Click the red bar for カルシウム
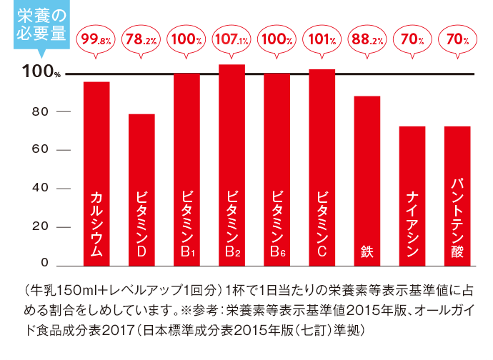[x=96, y=171]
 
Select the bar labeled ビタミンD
[x=141, y=189]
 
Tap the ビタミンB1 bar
[x=186, y=168]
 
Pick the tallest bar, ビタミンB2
[x=231, y=164]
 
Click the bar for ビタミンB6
[x=277, y=168]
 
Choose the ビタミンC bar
[x=322, y=166]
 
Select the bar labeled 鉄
[x=367, y=179]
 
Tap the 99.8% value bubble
[x=96, y=40]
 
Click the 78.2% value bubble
[x=141, y=40]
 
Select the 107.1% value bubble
[x=231, y=40]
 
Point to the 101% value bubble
[x=322, y=40]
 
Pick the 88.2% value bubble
[x=367, y=40]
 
